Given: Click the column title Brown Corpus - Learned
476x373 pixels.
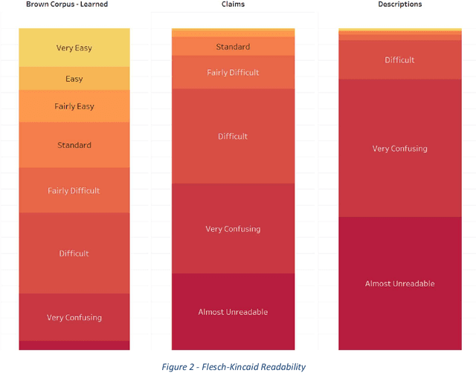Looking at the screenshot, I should coord(67,4).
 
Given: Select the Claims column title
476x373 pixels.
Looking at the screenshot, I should coord(234,4).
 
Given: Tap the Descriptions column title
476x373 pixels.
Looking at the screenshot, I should coord(399,4).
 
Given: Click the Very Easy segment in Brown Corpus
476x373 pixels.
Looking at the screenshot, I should coord(74,48).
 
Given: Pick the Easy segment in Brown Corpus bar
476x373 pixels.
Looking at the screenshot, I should coord(74,79).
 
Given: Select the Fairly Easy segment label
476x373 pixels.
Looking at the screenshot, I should coord(74,106).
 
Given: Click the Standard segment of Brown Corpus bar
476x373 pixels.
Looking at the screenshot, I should coord(74,145).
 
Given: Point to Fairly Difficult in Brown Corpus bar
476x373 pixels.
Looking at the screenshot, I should coord(74,190).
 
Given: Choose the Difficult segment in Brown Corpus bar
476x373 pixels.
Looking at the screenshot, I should coord(74,253).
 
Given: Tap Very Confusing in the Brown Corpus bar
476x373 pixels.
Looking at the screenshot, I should coord(74,317).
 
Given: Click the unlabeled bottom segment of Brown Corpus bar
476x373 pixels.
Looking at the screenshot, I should coord(74,346).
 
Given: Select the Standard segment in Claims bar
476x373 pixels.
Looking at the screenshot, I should coord(233,47).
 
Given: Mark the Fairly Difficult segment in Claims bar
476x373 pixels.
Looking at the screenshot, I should coord(233,73).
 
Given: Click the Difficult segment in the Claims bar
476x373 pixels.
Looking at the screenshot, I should coord(233,136).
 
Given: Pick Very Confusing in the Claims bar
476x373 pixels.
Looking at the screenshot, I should coord(233,229).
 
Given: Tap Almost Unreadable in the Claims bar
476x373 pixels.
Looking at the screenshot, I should coord(233,312).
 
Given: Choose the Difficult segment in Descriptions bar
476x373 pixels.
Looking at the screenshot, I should coord(399,60).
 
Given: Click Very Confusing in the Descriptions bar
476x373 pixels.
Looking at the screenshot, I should coord(399,149).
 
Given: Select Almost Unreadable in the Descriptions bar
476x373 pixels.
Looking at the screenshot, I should coord(399,284).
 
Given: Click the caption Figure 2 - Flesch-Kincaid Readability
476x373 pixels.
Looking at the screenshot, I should coord(233,366).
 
